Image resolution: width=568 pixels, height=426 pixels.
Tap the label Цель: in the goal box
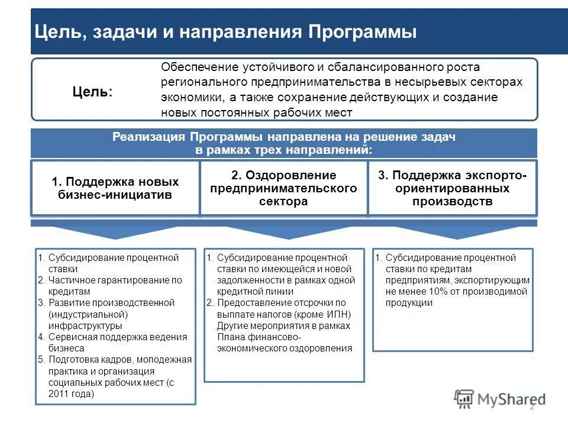[x=92, y=91]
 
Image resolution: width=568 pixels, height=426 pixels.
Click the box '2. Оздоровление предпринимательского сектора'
[x=283, y=188]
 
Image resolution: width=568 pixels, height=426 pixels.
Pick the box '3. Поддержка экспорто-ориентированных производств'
[x=452, y=188]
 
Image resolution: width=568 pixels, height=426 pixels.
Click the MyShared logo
[x=500, y=399]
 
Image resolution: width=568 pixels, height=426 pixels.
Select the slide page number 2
[x=531, y=406]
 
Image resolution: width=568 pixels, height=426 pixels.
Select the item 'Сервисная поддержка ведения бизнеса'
[x=112, y=343]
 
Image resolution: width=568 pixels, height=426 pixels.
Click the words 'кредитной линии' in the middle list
[x=254, y=292]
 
